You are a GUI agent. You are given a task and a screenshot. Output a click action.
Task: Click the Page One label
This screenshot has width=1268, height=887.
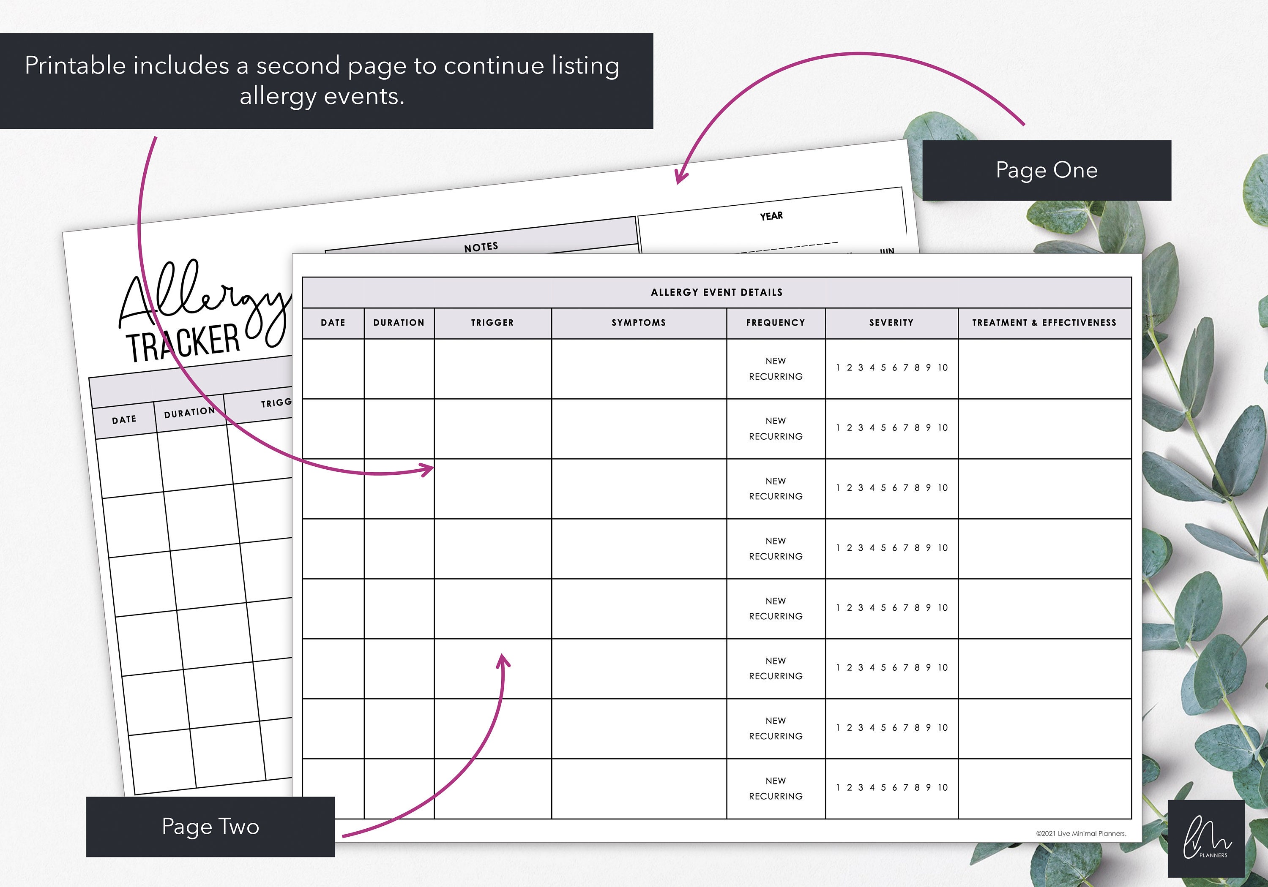pyautogui.click(x=1046, y=170)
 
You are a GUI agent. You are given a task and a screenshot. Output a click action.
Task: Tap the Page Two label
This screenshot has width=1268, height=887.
pyautogui.click(x=210, y=826)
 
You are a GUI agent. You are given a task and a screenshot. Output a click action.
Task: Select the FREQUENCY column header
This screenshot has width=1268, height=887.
pyautogui.click(x=775, y=323)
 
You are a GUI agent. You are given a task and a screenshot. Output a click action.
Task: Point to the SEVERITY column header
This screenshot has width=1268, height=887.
pyautogui.click(x=891, y=323)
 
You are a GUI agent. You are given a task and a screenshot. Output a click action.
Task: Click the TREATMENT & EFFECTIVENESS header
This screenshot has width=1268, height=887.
pyautogui.click(x=1044, y=323)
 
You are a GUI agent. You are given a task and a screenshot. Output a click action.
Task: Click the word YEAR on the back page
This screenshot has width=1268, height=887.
pyautogui.click(x=771, y=216)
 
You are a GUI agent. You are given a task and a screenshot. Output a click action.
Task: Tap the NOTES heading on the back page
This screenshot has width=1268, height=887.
pyautogui.click(x=481, y=247)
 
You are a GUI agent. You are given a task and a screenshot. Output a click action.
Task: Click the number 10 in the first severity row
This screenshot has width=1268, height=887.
pyautogui.click(x=943, y=367)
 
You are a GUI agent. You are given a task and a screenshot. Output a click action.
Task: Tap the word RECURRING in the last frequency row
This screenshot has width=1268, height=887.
pyautogui.click(x=775, y=796)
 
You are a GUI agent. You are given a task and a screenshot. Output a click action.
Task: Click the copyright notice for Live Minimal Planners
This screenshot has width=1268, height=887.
pyautogui.click(x=1081, y=833)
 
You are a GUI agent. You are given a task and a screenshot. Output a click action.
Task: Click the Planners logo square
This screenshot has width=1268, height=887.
pyautogui.click(x=1206, y=838)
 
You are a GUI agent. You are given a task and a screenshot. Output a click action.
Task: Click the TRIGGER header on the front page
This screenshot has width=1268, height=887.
pyautogui.click(x=492, y=323)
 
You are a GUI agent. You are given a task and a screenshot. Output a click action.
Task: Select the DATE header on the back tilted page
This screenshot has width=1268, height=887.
pyautogui.click(x=124, y=419)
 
